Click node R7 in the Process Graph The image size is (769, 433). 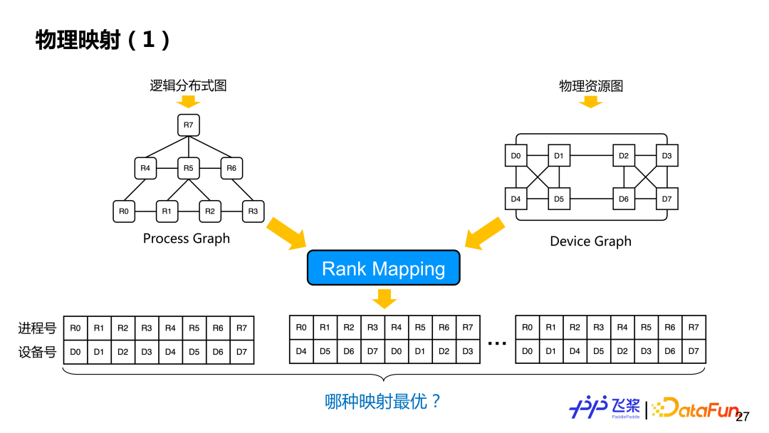pos(188,125)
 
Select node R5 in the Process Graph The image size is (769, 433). pos(188,169)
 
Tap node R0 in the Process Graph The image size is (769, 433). pos(124,212)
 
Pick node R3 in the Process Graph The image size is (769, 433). pos(252,212)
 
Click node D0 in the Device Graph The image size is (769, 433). pos(516,155)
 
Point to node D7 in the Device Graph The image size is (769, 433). pos(666,199)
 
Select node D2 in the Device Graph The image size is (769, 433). pos(624,155)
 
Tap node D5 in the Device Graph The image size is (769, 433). pos(559,199)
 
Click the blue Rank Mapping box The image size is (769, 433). pos(384,268)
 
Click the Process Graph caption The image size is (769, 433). pos(187,239)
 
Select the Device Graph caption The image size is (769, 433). pos(590,241)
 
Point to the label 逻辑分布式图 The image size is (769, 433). pos(188,86)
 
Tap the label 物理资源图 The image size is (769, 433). pos(591,86)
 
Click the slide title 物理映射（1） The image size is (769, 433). pos(104,40)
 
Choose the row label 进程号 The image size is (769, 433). pos(37,328)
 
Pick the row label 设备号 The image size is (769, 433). pos(37,352)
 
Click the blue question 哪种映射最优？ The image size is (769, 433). pos(384,402)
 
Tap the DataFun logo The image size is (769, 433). pos(694,407)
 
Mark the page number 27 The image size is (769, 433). pos(743,417)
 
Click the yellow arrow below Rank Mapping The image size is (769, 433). pos(384,298)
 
